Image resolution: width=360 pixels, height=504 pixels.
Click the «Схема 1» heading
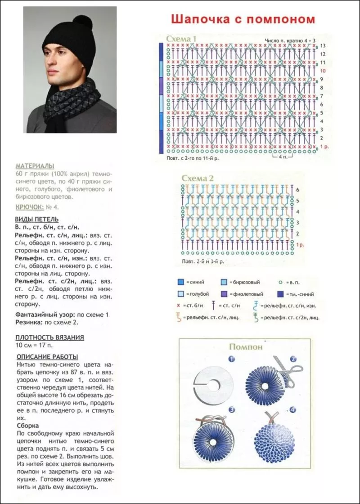(181, 39)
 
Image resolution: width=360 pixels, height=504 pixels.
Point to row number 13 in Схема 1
(323, 46)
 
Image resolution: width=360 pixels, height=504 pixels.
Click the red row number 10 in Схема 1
(323, 71)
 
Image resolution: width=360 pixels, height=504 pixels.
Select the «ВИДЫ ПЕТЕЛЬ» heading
(36, 219)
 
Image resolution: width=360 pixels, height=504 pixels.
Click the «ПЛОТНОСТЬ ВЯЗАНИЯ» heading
(49, 337)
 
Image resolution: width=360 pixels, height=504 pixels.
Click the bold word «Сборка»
(27, 425)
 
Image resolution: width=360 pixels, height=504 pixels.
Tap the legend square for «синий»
(180, 283)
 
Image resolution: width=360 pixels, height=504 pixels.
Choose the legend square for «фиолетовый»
(224, 294)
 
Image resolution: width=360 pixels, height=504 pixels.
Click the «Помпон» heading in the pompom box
(245, 346)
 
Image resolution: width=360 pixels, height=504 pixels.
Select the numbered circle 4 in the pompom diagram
(292, 409)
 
